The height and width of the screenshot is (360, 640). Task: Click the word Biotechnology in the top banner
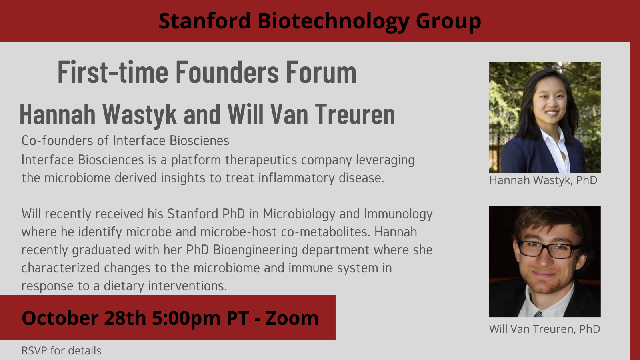click(x=333, y=22)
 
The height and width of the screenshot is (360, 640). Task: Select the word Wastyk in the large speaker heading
click(x=139, y=115)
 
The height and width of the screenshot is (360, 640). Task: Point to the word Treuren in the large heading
click(x=355, y=115)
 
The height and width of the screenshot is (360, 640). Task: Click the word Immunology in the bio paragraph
click(x=398, y=214)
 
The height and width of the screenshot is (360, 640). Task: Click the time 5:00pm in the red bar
click(x=186, y=318)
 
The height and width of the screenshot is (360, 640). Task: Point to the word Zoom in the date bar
click(x=292, y=318)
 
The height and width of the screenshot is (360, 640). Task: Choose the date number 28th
click(x=125, y=318)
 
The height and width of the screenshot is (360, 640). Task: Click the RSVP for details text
click(x=61, y=351)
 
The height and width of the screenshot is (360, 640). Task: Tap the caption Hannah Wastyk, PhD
click(x=543, y=180)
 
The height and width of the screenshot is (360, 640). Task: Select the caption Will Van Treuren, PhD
click(x=544, y=329)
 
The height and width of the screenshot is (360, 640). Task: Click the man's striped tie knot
click(x=538, y=314)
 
